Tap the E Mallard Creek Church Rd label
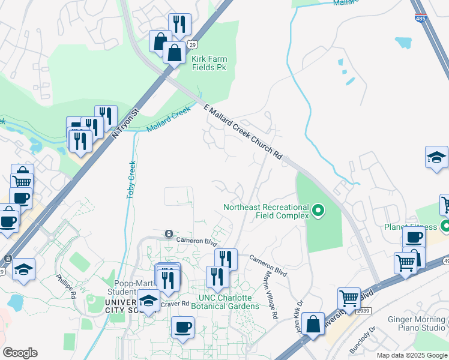243,132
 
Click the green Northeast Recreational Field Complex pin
319,211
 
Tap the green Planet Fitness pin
445,227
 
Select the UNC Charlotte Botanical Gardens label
221,302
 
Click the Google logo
20,352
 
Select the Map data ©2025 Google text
412,355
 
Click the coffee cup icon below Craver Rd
182,328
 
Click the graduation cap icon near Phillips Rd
23,269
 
